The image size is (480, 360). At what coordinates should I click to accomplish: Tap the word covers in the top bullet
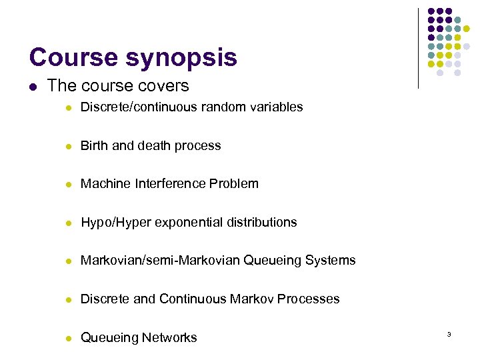tap(163, 86)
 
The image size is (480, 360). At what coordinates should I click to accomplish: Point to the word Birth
tap(94, 145)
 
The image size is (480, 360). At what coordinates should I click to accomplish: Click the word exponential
tap(185, 222)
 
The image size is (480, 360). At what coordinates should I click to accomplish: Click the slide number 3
tap(449, 333)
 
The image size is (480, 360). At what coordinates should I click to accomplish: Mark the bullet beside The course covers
tap(33, 86)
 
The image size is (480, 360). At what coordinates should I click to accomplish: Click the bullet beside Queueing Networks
tap(65, 337)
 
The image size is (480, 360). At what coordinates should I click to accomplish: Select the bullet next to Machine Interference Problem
tap(65, 184)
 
